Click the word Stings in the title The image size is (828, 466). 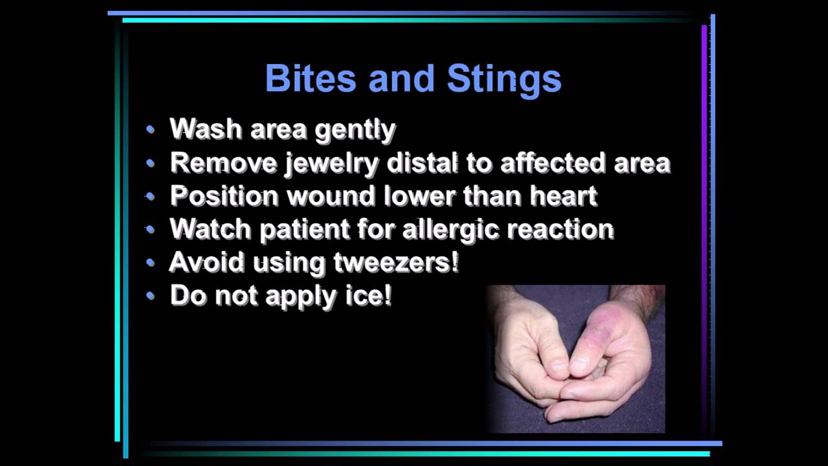coord(504,78)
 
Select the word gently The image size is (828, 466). coord(354,130)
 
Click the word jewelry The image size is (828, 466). coord(331,163)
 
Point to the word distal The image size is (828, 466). coord(422,162)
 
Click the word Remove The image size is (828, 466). coord(223,162)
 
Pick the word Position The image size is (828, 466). coord(224,196)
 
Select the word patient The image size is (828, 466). coord(303,230)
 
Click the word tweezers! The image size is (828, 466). coord(396,262)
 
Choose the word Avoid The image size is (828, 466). coord(206,262)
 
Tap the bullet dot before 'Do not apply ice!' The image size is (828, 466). coord(151,296)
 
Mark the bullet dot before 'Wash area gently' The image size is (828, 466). coord(151,129)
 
